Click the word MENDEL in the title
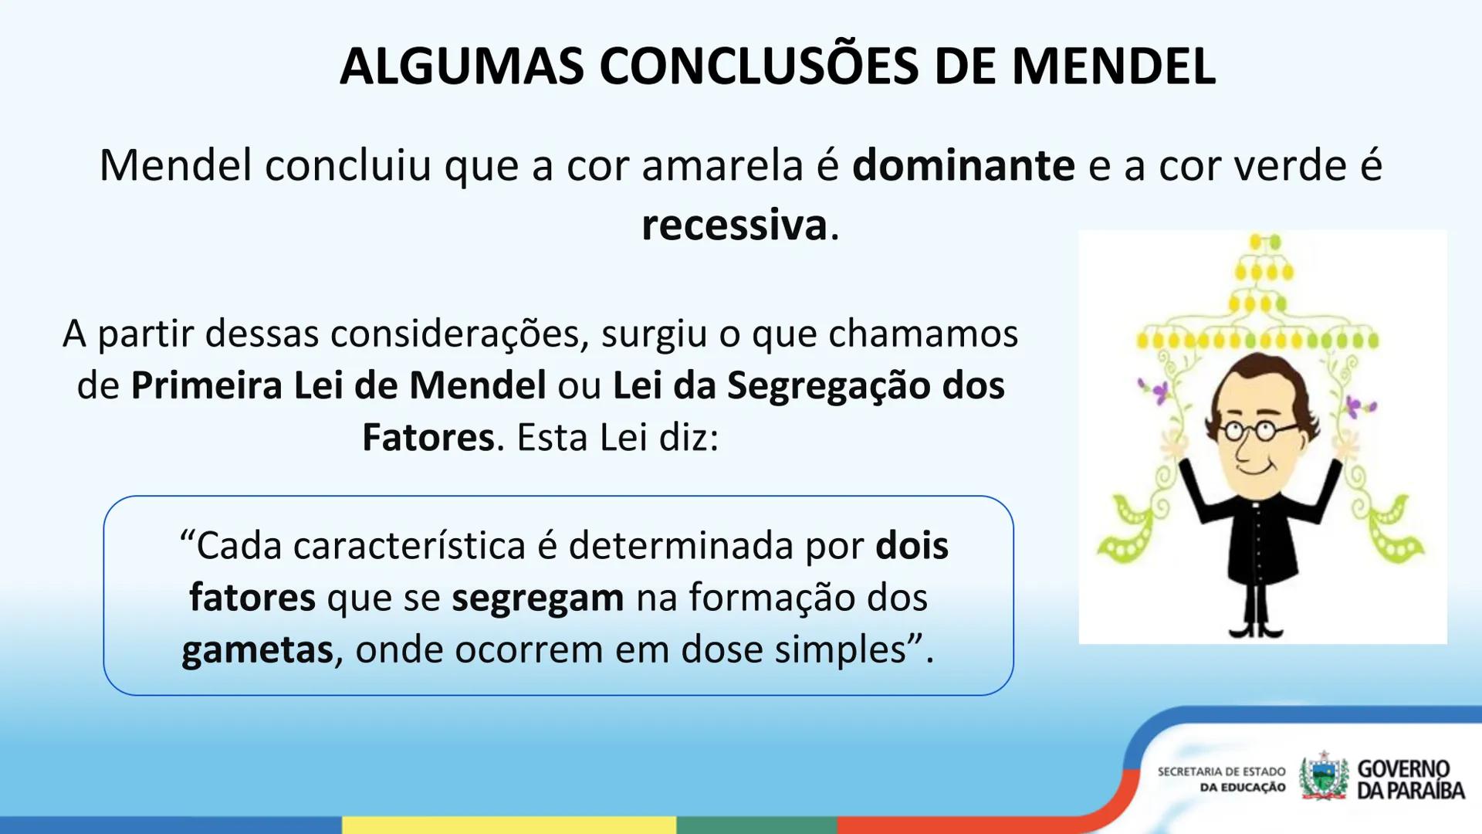click(1113, 66)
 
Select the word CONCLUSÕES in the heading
click(759, 66)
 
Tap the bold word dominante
click(963, 165)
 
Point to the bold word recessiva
click(734, 225)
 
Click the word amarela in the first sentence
click(722, 165)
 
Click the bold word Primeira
click(206, 385)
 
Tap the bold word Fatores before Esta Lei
click(428, 437)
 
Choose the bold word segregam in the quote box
click(537, 598)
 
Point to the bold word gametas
click(257, 649)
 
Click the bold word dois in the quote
click(912, 546)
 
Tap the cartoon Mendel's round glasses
click(1250, 430)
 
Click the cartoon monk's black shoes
click(1257, 629)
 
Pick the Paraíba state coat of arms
click(1323, 777)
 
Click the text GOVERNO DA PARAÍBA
click(1409, 779)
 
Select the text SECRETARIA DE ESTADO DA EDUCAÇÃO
click(1221, 779)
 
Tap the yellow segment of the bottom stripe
click(509, 825)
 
